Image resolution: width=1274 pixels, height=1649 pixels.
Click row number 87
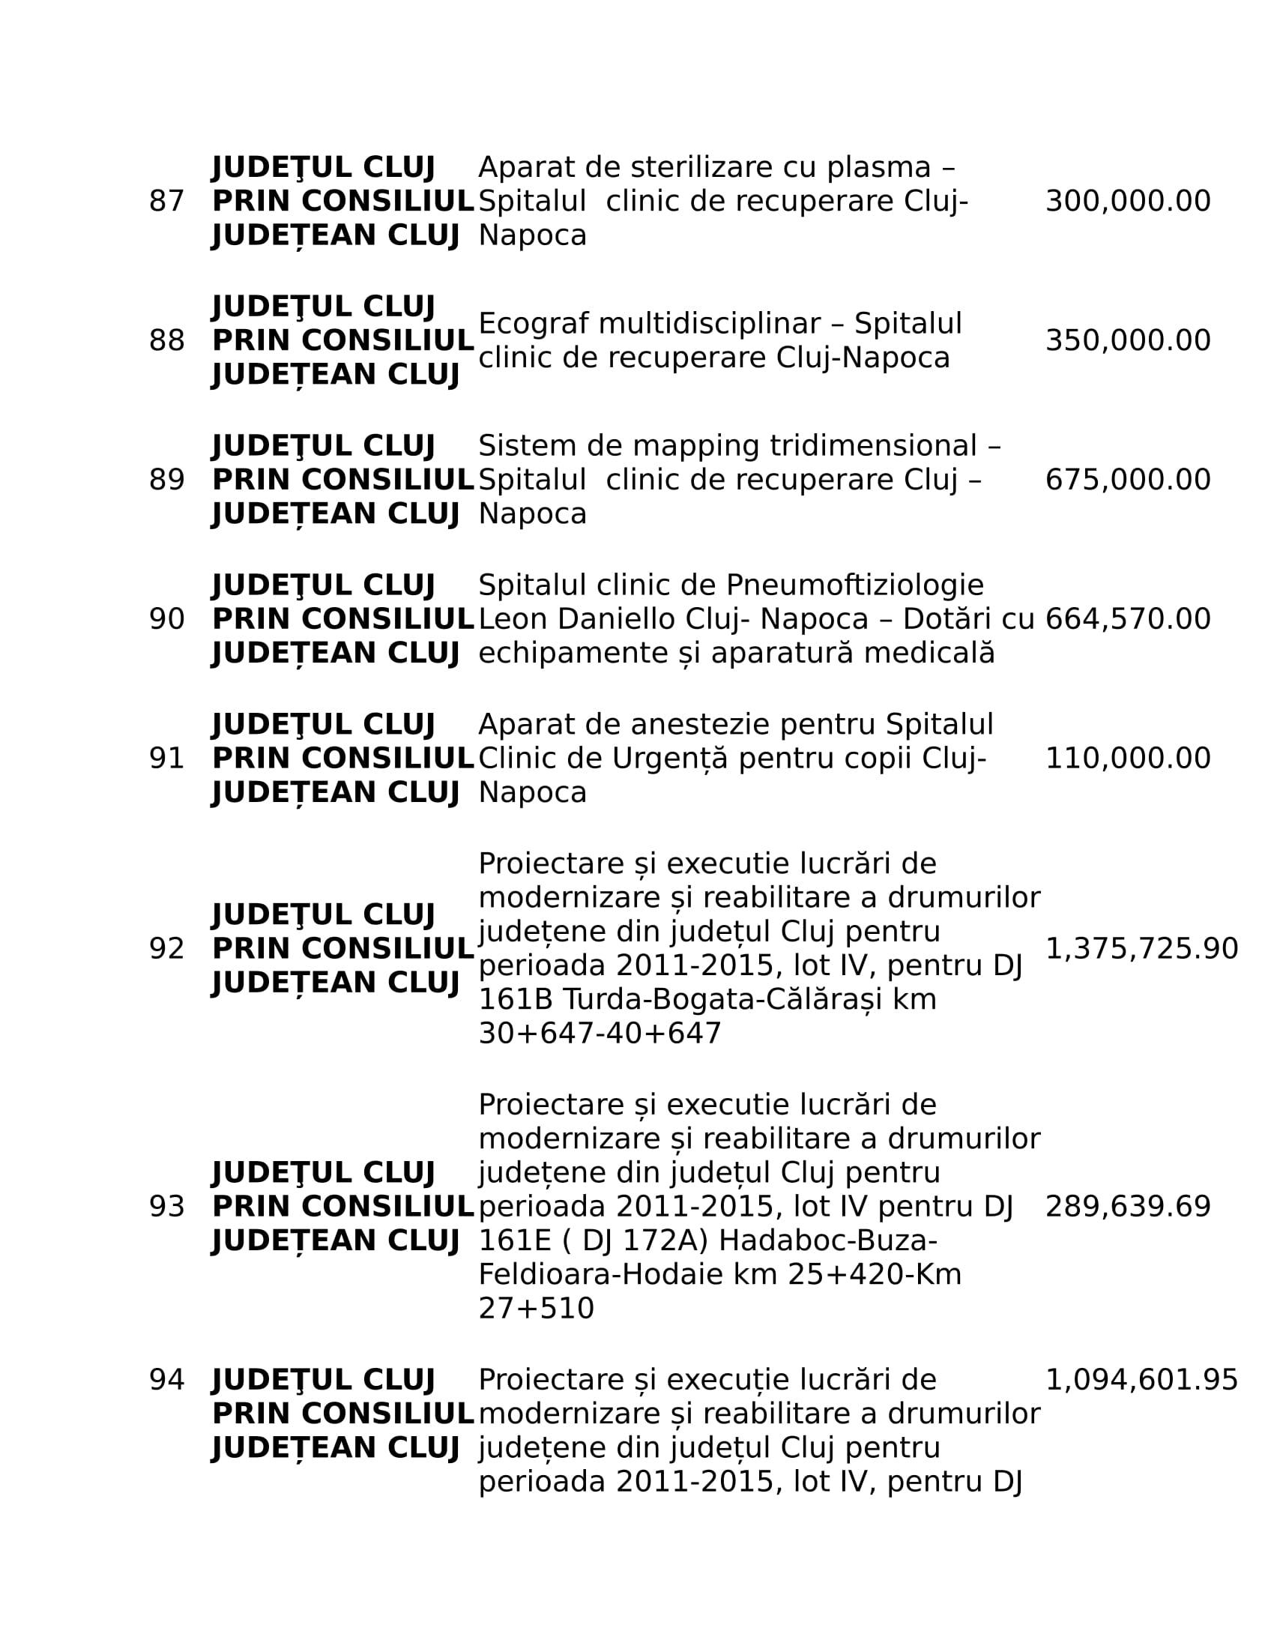click(167, 202)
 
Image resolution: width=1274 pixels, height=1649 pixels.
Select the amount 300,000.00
click(1128, 202)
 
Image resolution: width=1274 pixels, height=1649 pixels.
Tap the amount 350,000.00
click(1128, 340)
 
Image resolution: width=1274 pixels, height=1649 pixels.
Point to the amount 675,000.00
click(1128, 480)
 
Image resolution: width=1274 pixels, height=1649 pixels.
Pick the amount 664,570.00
click(1128, 619)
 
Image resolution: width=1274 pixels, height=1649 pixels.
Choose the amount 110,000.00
click(1128, 758)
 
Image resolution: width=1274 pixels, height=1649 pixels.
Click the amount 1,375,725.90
click(1141, 948)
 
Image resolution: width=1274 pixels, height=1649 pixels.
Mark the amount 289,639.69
click(1128, 1207)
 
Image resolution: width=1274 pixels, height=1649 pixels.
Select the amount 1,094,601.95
click(1141, 1379)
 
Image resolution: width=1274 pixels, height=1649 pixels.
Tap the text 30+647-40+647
click(600, 1034)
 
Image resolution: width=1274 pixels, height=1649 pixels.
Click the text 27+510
click(536, 1309)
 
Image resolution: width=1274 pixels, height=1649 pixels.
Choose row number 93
click(167, 1207)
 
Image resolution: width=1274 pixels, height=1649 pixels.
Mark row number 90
click(167, 619)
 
